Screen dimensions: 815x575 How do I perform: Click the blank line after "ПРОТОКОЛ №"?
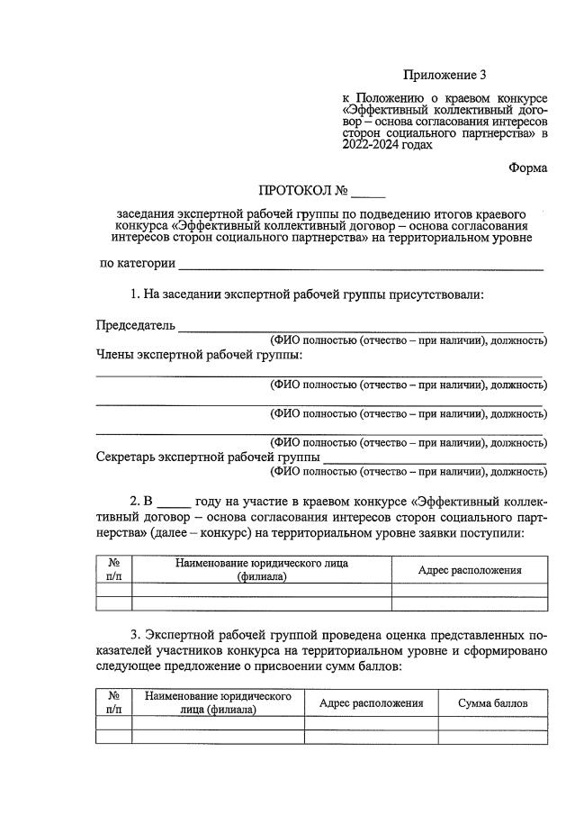368,193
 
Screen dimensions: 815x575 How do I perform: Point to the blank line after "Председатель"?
361,327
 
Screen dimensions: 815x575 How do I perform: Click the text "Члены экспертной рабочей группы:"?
199,355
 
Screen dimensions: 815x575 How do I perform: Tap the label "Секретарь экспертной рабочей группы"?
208,457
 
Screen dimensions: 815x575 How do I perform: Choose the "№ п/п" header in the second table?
114,702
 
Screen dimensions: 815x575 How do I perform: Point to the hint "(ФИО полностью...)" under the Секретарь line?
409,471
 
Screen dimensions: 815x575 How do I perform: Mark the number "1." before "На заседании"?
136,294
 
